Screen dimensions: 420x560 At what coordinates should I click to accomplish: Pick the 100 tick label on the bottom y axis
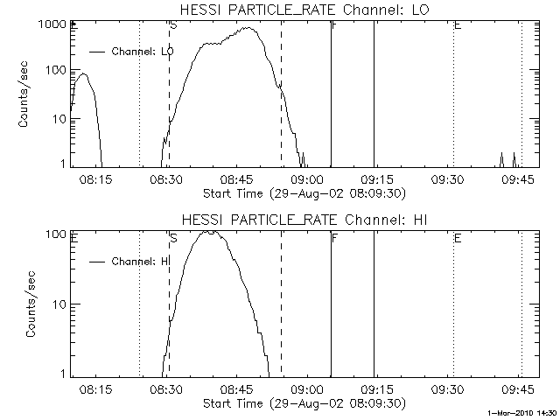click(55, 234)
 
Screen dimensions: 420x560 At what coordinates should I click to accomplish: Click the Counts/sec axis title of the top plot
click(25, 94)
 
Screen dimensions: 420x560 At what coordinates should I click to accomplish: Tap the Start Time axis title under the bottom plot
click(302, 402)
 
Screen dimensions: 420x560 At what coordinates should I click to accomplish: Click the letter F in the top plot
click(335, 25)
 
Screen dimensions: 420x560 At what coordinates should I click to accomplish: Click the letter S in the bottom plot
click(172, 237)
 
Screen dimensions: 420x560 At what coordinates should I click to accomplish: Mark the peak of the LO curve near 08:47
click(250, 28)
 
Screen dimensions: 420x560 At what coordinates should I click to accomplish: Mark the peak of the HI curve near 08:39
click(209, 232)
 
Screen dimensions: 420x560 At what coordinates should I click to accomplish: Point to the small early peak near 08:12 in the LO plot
click(83, 74)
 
